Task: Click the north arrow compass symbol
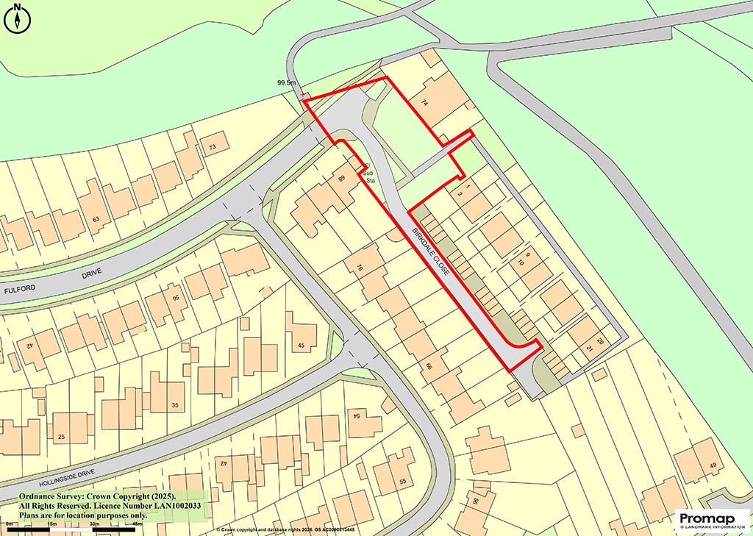17,18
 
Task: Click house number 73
213,148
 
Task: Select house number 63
95,219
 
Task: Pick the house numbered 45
301,345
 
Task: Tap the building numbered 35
174,405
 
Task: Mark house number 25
61,437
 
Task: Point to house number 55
402,481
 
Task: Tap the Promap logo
712,521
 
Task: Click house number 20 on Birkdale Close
599,340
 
